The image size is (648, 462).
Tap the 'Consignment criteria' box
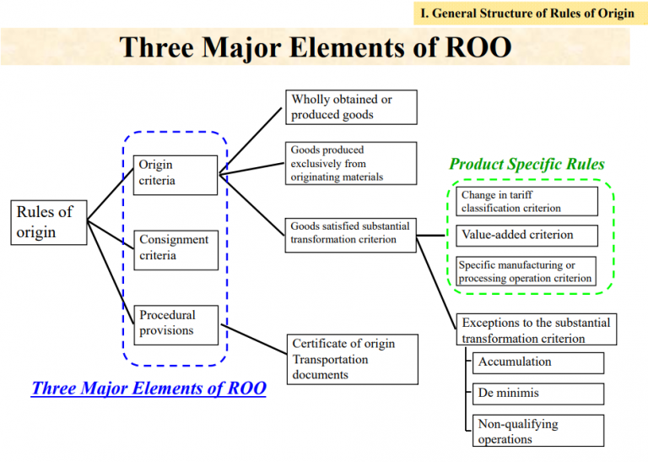click(175, 248)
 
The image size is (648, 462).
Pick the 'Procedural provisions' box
click(175, 323)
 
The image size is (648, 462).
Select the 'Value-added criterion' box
click(526, 236)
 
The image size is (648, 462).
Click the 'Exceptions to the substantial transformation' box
click(535, 330)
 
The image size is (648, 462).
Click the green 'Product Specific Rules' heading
click(526, 164)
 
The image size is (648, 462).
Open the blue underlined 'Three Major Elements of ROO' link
click(148, 389)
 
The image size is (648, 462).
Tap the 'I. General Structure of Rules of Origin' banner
click(526, 14)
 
